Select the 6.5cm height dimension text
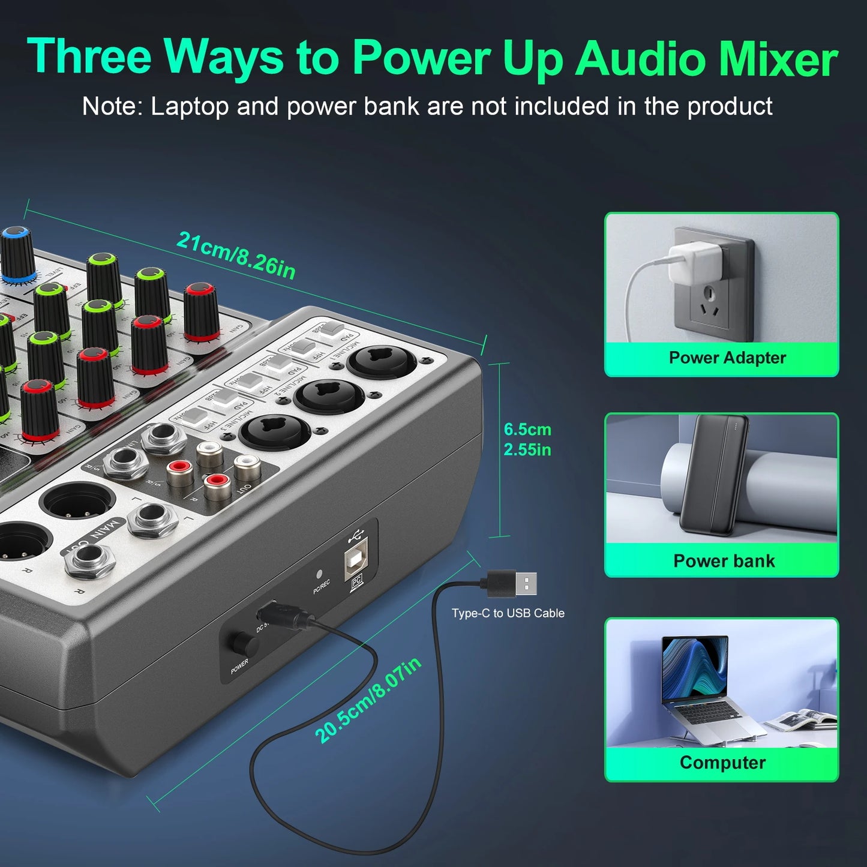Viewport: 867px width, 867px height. point(527,430)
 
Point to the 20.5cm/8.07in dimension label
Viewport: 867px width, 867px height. point(368,700)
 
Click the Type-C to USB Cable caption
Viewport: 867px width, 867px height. point(508,613)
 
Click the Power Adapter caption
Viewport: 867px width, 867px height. point(727,358)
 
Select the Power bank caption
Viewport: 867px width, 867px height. point(724,561)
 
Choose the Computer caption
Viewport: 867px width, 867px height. point(722,763)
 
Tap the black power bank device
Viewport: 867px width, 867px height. point(713,474)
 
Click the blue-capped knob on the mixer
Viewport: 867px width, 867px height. point(17,253)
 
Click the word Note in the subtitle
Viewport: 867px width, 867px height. point(110,106)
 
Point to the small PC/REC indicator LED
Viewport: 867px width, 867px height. point(319,574)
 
